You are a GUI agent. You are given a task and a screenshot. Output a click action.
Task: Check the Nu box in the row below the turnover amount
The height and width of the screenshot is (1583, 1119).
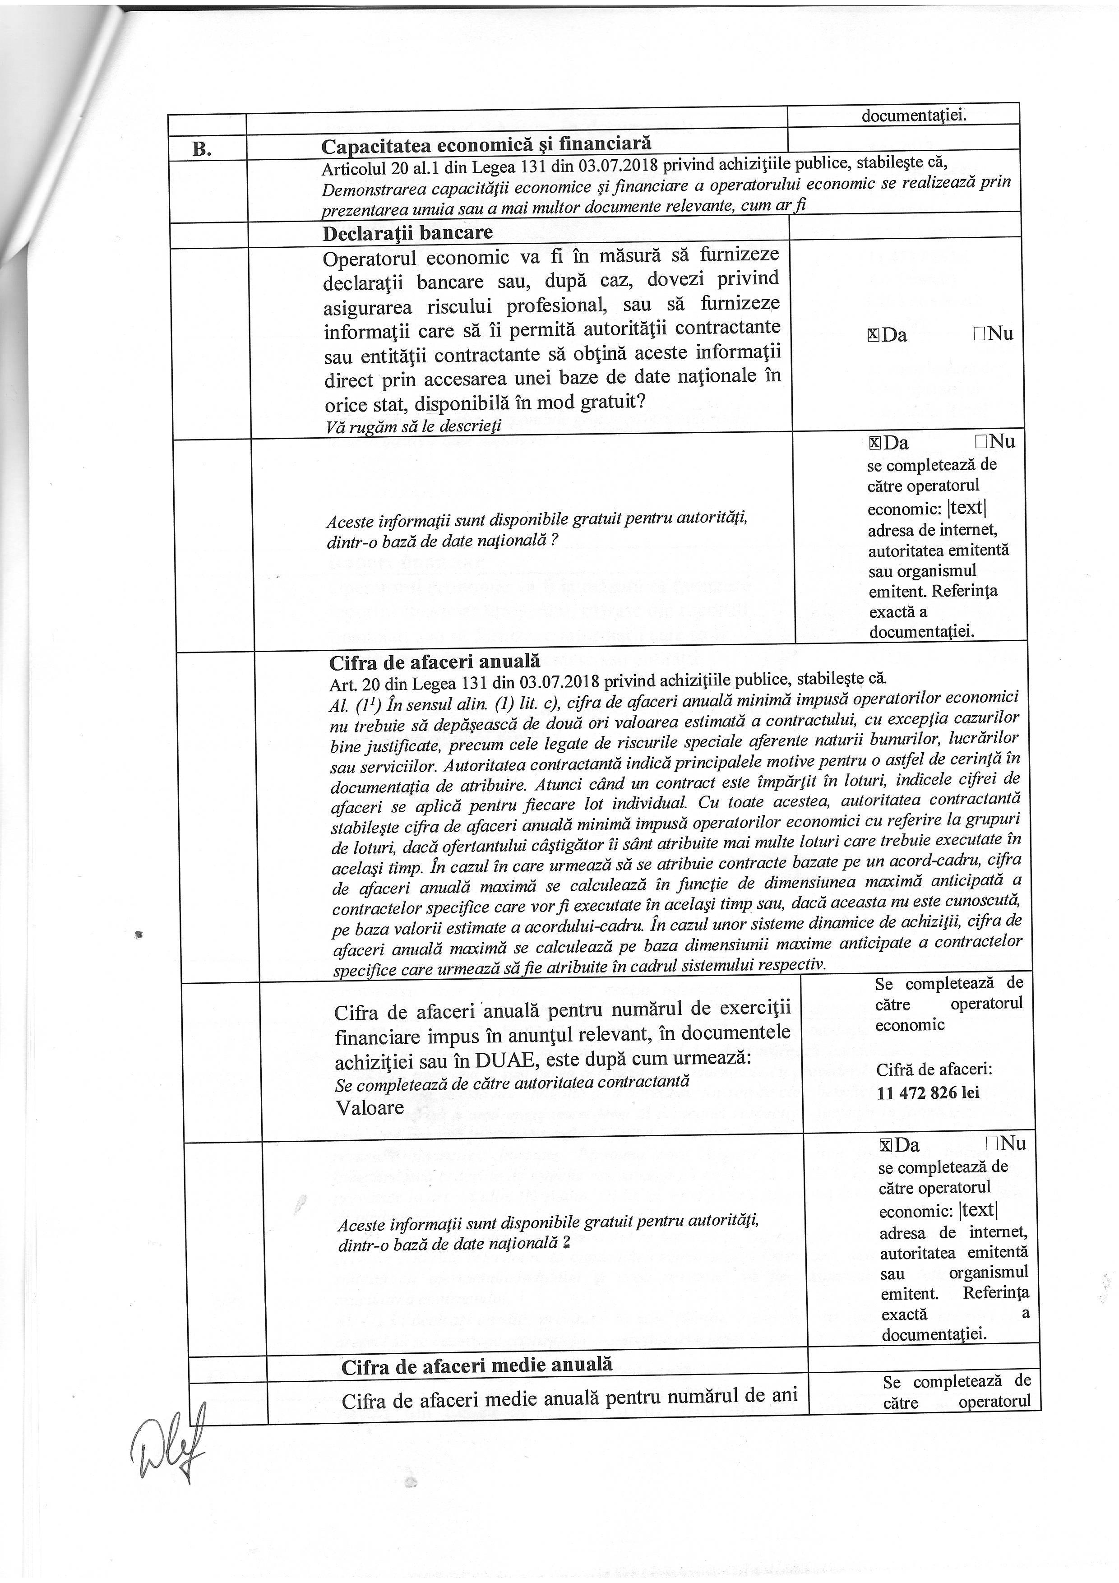click(992, 1144)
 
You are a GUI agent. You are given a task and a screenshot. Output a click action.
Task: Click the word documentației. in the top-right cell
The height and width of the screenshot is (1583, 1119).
click(914, 116)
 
